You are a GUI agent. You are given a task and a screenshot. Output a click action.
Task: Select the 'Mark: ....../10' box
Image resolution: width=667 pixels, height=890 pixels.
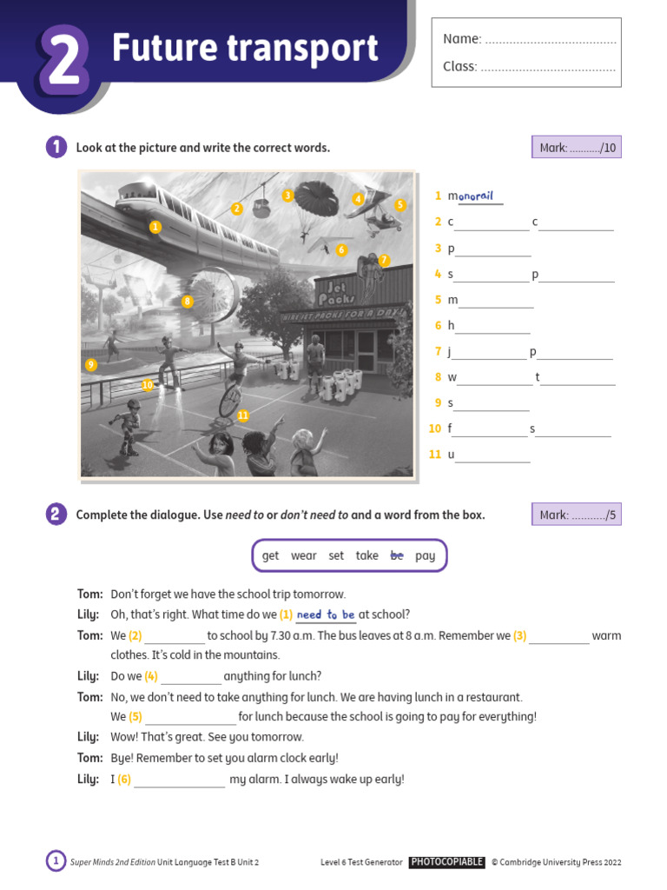point(577,148)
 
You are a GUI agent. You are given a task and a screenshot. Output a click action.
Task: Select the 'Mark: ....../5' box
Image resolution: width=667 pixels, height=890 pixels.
point(577,515)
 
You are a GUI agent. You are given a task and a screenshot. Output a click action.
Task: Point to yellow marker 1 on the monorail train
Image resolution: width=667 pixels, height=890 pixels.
point(155,227)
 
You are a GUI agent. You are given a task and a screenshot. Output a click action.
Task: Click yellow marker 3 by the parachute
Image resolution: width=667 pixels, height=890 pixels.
point(287,196)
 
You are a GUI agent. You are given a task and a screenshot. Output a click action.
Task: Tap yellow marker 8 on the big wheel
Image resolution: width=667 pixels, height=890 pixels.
point(187,302)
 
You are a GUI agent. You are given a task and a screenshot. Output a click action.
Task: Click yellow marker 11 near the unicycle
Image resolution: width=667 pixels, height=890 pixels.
point(243,415)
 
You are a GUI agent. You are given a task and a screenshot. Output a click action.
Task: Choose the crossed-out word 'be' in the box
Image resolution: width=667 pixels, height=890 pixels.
point(397,555)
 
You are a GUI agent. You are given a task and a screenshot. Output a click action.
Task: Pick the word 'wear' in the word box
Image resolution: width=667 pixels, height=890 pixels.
point(303,555)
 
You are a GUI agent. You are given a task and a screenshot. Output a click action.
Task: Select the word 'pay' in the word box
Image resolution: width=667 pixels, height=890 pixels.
point(426,555)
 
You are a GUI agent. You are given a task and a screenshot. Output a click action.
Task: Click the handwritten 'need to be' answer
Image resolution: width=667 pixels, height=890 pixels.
point(326,614)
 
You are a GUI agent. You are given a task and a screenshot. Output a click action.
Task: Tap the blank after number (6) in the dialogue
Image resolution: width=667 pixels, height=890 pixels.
point(180,780)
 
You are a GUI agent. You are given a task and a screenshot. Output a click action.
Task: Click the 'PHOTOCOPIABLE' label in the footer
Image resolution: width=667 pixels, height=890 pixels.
point(446,862)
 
